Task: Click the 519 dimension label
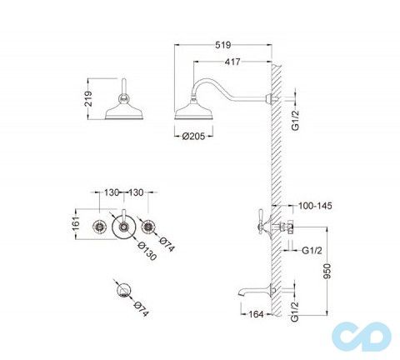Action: pyautogui.click(x=223, y=45)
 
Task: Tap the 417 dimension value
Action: pyautogui.click(x=232, y=62)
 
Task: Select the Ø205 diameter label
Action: pyautogui.click(x=194, y=136)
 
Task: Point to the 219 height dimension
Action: pyautogui.click(x=88, y=99)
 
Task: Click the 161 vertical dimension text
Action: pyautogui.click(x=76, y=223)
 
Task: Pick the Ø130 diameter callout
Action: pyautogui.click(x=147, y=251)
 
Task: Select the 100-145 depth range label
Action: pyautogui.click(x=315, y=206)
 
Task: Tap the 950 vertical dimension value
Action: pyautogui.click(x=327, y=271)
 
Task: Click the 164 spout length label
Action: pyautogui.click(x=256, y=314)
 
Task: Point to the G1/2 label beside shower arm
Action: pyautogui.click(x=296, y=120)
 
